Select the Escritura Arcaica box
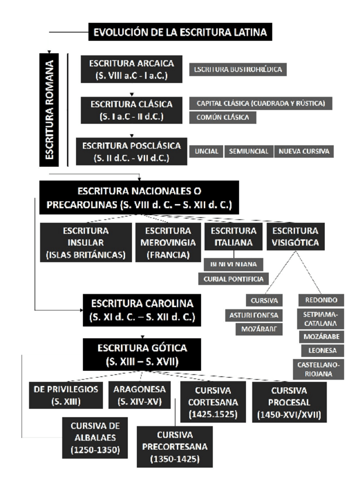pos(131,69)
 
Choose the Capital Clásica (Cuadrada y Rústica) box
pos(261,104)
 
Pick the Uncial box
pos(206,151)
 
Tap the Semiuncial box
pos(248,151)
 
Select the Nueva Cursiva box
pos(304,151)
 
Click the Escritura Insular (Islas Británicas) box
pos(86,243)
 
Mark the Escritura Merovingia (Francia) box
pos(168,243)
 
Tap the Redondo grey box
pos(321,300)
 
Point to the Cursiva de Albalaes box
pos(95,438)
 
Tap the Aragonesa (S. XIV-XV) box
pos(140,395)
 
